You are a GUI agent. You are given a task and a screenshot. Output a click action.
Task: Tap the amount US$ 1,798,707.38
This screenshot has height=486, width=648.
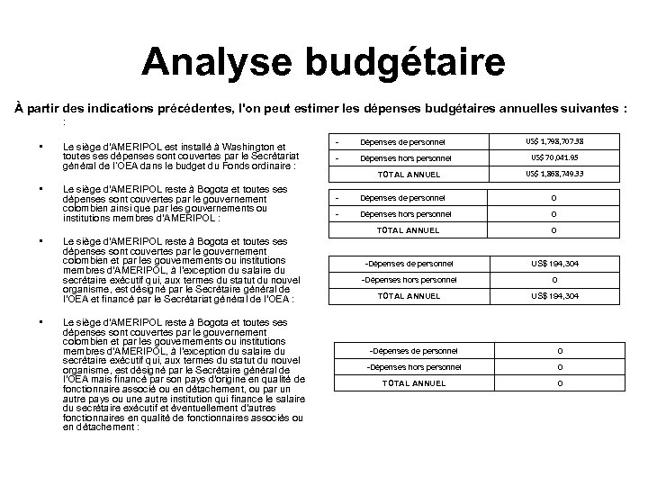tap(556, 141)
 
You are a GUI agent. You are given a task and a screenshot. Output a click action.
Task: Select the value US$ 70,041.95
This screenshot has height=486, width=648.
tap(556, 157)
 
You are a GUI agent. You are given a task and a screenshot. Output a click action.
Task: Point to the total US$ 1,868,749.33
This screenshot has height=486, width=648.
tap(556, 173)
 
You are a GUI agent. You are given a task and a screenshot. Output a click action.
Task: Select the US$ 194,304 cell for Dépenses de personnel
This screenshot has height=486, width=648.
tap(556, 263)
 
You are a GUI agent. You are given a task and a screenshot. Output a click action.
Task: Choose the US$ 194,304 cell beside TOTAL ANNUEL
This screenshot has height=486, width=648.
tap(556, 296)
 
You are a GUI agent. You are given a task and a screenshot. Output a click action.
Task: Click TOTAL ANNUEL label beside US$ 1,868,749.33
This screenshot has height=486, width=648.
tap(409, 174)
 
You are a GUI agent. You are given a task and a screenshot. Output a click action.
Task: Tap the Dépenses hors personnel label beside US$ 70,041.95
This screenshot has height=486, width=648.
tap(406, 157)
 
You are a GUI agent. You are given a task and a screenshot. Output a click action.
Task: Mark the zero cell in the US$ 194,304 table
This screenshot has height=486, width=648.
tap(556, 279)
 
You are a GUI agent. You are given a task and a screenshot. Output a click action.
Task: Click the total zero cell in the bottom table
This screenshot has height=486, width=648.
tap(559, 383)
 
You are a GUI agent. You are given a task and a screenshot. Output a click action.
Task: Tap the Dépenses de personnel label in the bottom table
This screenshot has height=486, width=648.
tap(414, 350)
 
